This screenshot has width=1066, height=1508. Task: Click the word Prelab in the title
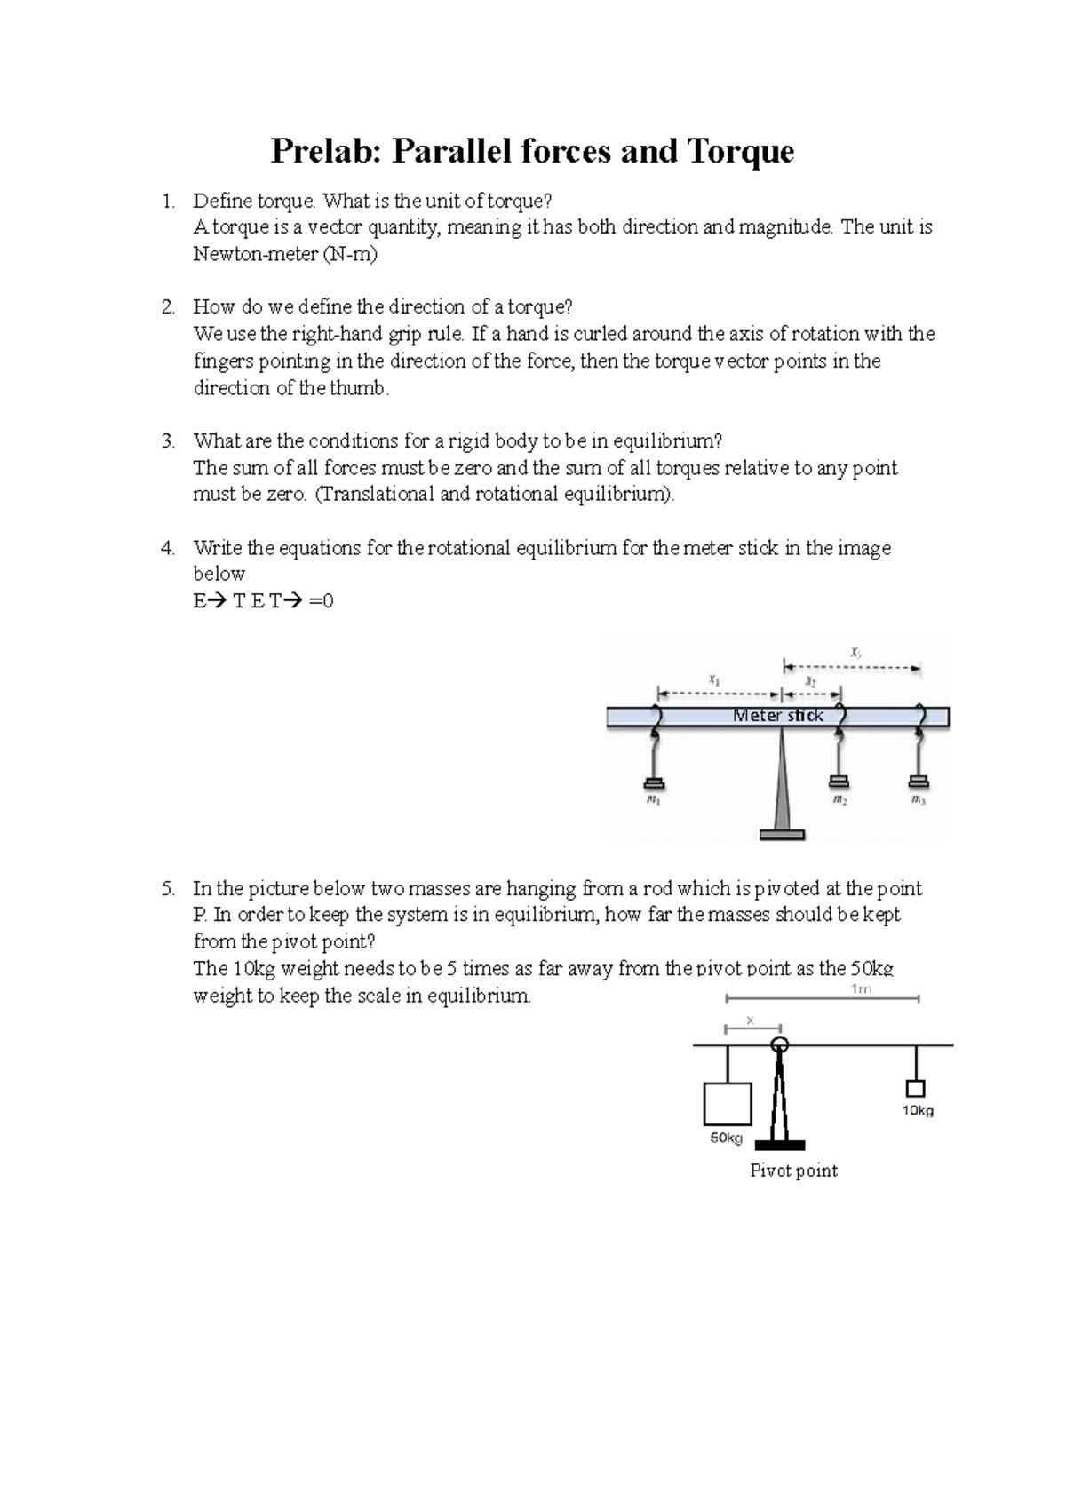tap(328, 151)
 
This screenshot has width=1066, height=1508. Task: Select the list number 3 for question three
tap(167, 441)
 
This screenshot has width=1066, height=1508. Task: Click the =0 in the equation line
tap(322, 601)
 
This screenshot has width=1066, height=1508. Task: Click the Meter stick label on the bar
tap(778, 716)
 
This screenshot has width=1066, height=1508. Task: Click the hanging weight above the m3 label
tap(919, 782)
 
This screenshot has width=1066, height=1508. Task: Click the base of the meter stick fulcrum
tap(782, 834)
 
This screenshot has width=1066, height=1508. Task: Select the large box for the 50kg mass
tap(728, 1104)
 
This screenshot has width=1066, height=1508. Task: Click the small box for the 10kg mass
tap(915, 1088)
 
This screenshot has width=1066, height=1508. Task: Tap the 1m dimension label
tap(860, 989)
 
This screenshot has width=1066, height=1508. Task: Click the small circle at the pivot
tap(780, 1044)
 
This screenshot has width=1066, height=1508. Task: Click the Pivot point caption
tap(793, 1171)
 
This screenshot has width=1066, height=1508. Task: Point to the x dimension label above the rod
tap(750, 1020)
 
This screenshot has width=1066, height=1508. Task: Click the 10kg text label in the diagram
tap(918, 1110)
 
